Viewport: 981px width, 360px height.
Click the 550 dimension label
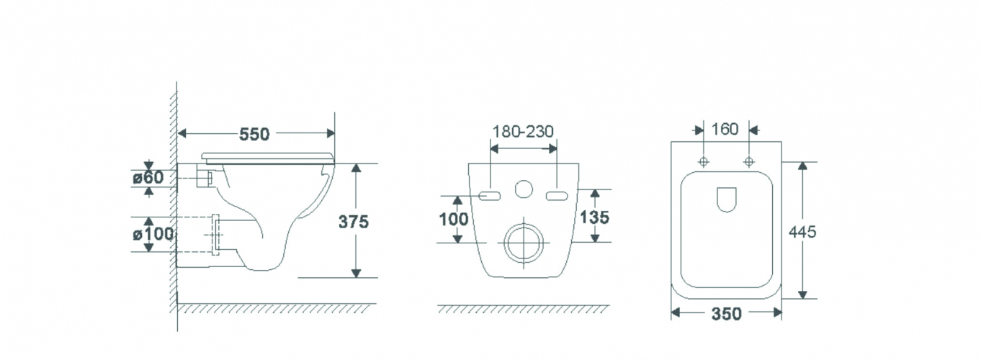[x=254, y=134]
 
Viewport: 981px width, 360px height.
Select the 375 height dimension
[x=354, y=222]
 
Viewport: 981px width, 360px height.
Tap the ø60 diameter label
[x=148, y=177]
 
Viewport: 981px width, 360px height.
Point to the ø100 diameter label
[x=153, y=234]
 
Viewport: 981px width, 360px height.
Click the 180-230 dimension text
[x=523, y=131]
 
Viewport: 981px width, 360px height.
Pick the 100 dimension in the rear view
[x=454, y=219]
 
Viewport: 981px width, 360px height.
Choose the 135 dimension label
[x=594, y=217]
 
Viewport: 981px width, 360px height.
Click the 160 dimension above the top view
[x=725, y=129]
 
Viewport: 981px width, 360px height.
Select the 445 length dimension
[x=802, y=232]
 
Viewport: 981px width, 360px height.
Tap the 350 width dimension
[x=726, y=314]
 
